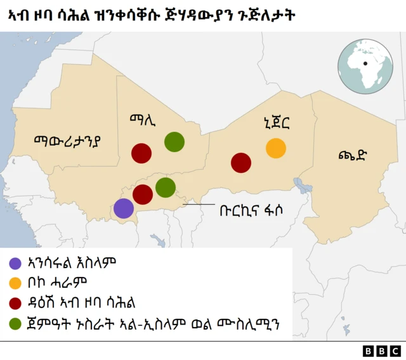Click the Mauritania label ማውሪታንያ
click(x=68, y=139)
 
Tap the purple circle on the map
click(x=124, y=208)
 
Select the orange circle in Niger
click(x=276, y=148)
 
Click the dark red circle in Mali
click(x=141, y=153)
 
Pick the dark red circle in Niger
click(x=241, y=162)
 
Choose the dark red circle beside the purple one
click(x=143, y=195)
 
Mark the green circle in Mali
click(x=174, y=142)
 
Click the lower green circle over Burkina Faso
click(x=166, y=187)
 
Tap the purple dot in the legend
click(x=15, y=262)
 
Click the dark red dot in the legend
click(x=15, y=301)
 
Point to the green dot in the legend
click(x=15, y=323)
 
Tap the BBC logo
click(x=382, y=350)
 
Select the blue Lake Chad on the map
click(x=301, y=185)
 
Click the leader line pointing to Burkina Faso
click(x=199, y=204)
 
